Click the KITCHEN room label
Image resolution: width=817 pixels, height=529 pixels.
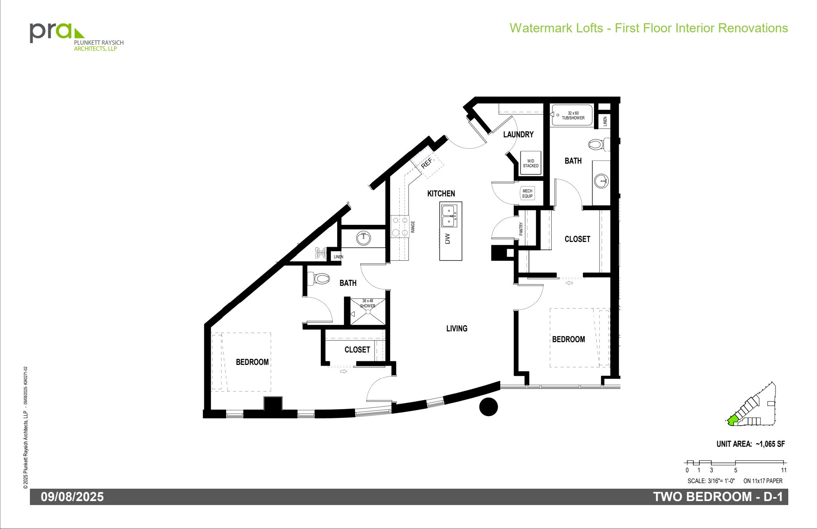tap(441, 194)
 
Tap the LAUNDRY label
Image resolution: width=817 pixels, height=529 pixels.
tap(518, 135)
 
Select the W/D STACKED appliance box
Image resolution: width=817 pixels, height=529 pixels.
tap(531, 163)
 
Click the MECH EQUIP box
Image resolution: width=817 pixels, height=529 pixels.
tap(527, 194)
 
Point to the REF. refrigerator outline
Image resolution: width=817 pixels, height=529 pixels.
tap(427, 162)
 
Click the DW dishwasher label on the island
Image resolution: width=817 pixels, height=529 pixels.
tap(448, 239)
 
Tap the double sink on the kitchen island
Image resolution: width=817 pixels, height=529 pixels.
tap(450, 216)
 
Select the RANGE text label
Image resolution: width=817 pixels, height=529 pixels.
tap(413, 227)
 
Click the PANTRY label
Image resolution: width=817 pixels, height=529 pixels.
tap(521, 229)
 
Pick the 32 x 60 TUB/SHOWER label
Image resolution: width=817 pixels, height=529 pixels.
tap(573, 115)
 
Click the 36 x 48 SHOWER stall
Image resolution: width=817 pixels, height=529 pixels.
tap(367, 311)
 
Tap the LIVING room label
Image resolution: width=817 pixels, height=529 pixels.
tap(457, 329)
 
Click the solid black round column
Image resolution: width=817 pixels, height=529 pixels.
tap(488, 407)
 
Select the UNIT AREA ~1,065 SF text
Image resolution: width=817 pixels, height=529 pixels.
tap(750, 444)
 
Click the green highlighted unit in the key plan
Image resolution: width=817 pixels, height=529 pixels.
tap(732, 420)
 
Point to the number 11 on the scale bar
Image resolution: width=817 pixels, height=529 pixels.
tap(784, 470)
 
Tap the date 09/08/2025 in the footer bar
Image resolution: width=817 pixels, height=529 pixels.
tap(72, 497)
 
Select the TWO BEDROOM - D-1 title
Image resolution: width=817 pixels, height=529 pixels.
tap(718, 497)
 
